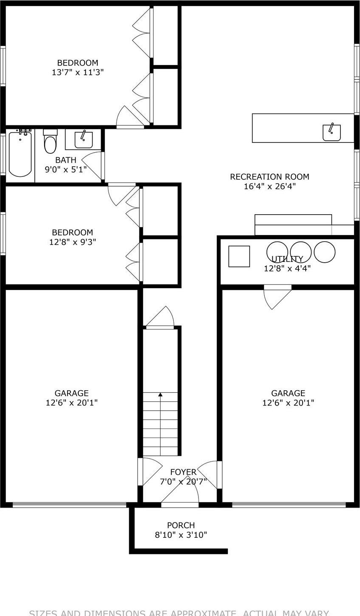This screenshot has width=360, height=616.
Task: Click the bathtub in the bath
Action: pos(20,154)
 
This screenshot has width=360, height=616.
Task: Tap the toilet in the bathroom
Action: pos(50,142)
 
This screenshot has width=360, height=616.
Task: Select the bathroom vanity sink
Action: pos(83,139)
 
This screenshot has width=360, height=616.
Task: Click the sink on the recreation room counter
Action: pos(332,132)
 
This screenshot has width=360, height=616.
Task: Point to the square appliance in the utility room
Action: pos(239,256)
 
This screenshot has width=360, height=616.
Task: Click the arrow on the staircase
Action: pos(160,395)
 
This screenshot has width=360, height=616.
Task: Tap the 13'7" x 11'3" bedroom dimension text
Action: pos(78,72)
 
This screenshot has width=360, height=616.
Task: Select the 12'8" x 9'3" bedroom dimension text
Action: pos(72,242)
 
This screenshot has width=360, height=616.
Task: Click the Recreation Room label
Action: pos(269,176)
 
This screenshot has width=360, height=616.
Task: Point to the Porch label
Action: pos(181,525)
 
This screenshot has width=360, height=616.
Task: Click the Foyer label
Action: pos(183,472)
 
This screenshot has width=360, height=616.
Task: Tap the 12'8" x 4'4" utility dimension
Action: pos(287,268)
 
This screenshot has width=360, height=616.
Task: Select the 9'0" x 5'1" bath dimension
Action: pos(66,169)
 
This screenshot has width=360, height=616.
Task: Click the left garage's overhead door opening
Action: pos(69,505)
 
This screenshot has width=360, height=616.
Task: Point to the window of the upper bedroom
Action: pos(3,66)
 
